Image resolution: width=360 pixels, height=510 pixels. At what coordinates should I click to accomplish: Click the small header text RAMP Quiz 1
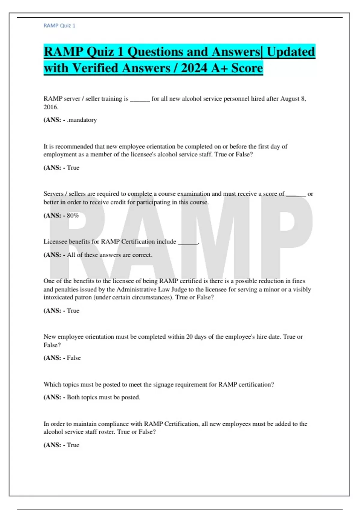pos(59,26)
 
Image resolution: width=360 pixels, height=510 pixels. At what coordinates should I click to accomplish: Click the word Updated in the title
pos(291,52)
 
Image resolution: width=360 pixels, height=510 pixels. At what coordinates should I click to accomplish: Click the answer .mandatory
pos(82,120)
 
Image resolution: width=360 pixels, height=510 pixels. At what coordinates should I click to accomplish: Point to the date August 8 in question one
pos(293,99)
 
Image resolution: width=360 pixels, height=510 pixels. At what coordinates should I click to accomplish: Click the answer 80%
pos(73,215)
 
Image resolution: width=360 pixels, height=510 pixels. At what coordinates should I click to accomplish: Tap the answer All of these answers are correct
pos(109,255)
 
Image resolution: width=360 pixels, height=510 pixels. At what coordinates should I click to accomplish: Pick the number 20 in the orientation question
pos(189,337)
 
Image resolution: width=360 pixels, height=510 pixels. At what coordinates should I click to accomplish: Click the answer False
pos(74,358)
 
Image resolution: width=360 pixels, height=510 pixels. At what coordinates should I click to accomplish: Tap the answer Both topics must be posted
pos(103,397)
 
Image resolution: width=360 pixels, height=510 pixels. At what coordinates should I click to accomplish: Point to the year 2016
pos(50,107)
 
